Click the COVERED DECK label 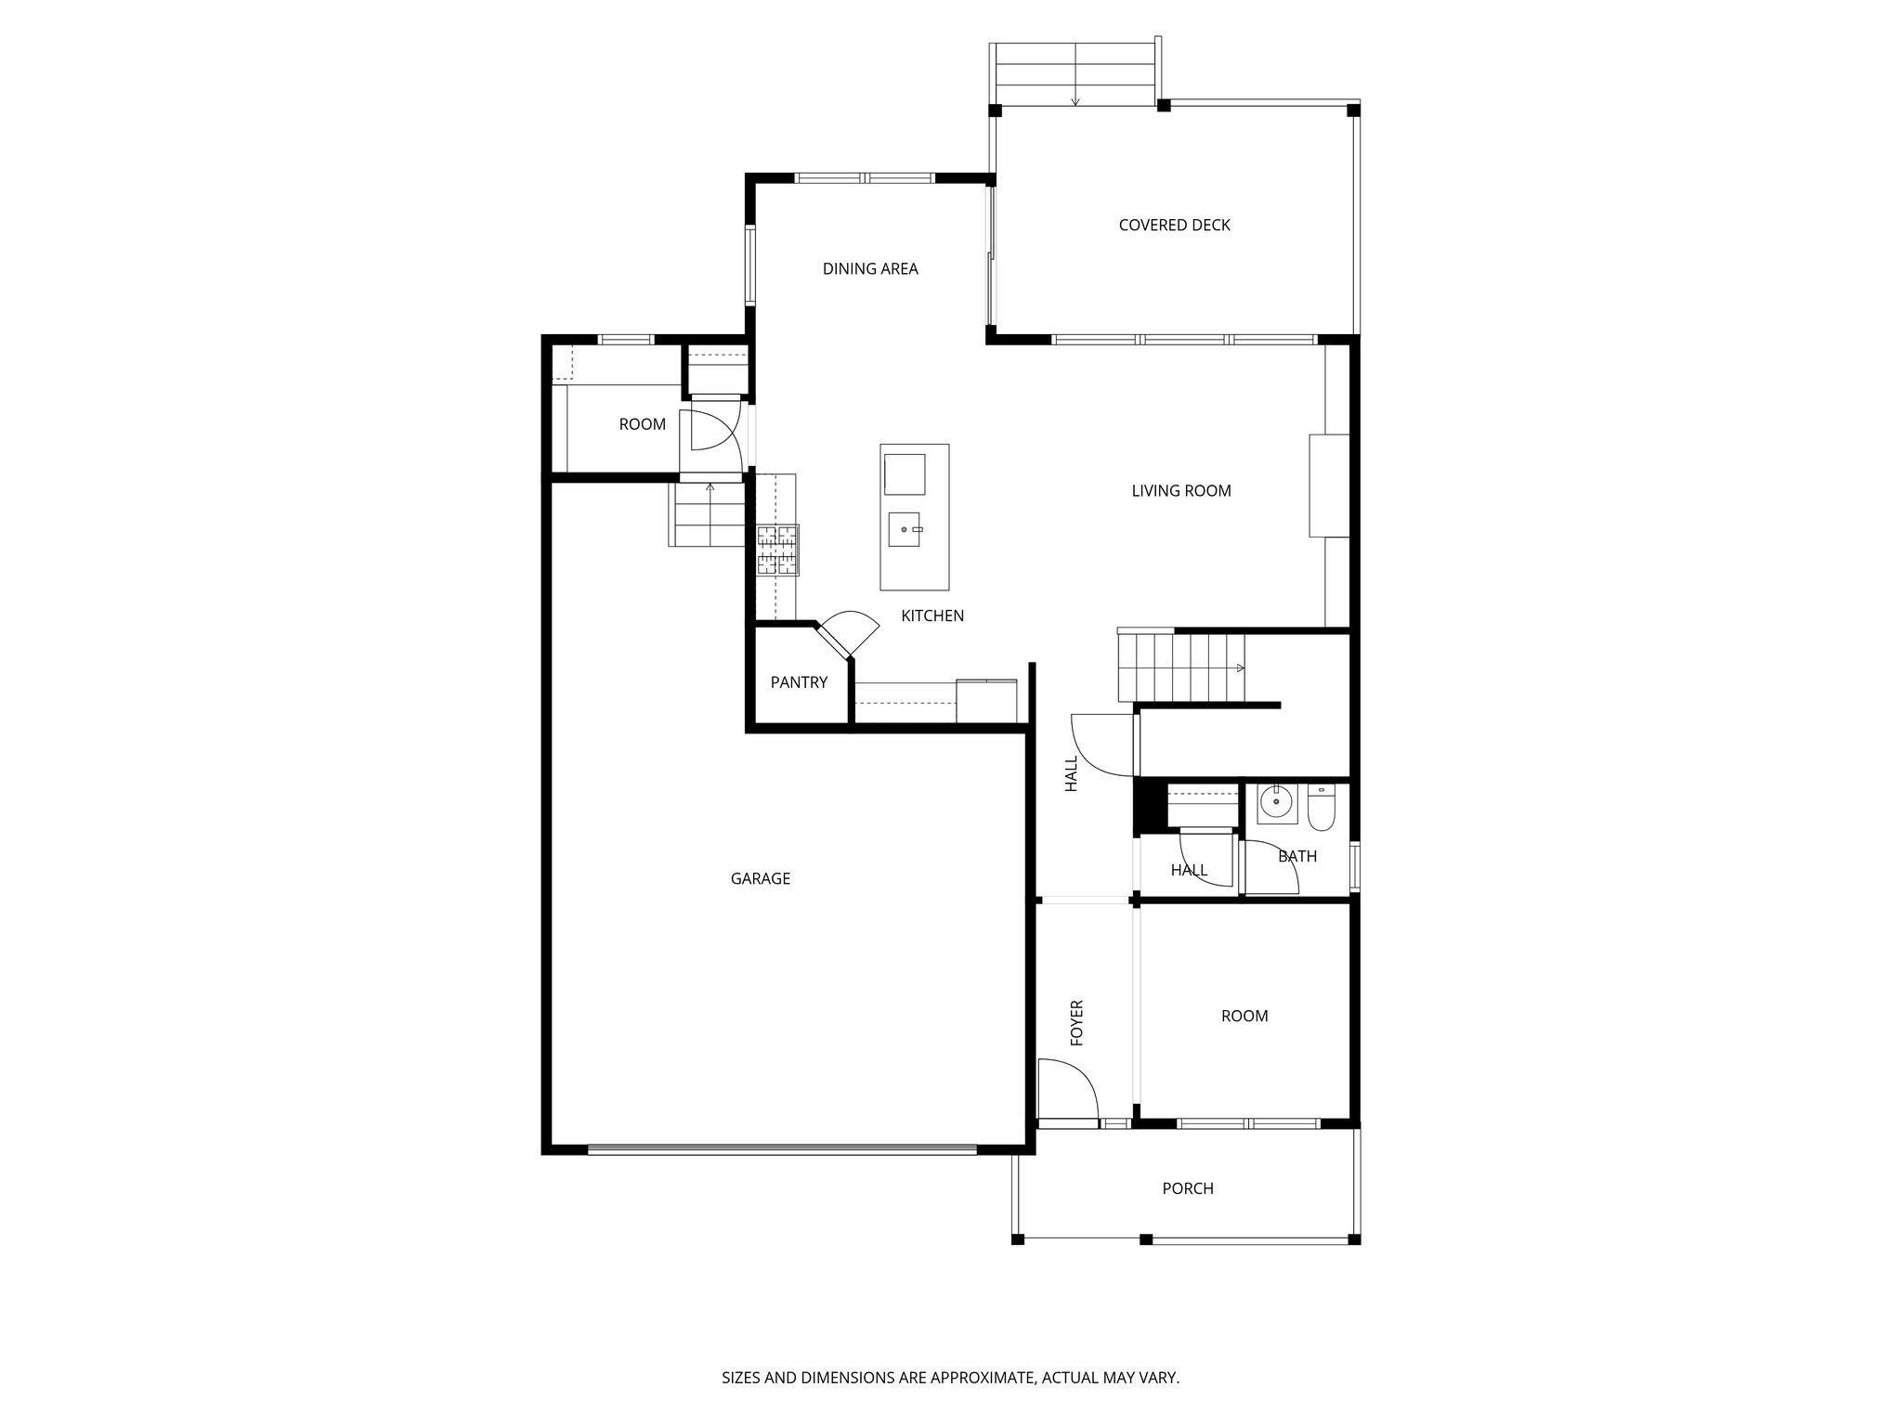click(1174, 225)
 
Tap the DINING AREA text click(870, 269)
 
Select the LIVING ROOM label click(1180, 491)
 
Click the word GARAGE click(760, 878)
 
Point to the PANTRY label click(799, 682)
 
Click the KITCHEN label click(932, 616)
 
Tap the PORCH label click(1188, 1188)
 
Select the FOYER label click(1077, 1022)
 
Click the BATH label click(1297, 856)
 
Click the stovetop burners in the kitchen click(777, 550)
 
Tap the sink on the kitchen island click(905, 530)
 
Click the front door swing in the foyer click(1068, 1091)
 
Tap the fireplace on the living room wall click(1328, 485)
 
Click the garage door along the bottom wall click(782, 1149)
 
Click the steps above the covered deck click(1075, 74)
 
